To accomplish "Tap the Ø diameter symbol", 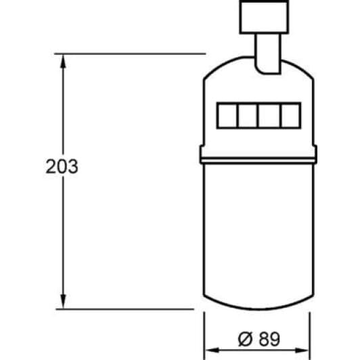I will point(246,337).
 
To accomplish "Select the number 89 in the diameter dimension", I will point(269,337).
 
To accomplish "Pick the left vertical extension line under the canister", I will point(205,332).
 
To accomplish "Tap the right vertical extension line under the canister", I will point(310,332).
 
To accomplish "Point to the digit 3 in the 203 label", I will point(73,166).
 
